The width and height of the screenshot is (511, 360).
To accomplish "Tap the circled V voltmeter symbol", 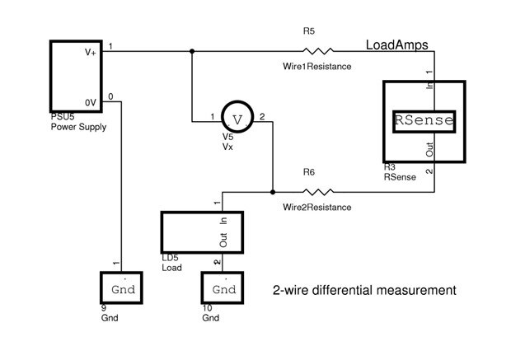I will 237,119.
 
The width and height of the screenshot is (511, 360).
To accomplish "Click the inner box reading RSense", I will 424,120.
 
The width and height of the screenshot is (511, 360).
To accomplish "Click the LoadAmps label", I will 396,42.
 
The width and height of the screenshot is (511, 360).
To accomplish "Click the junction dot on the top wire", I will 192,51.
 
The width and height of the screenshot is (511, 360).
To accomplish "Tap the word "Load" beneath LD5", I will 172,267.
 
